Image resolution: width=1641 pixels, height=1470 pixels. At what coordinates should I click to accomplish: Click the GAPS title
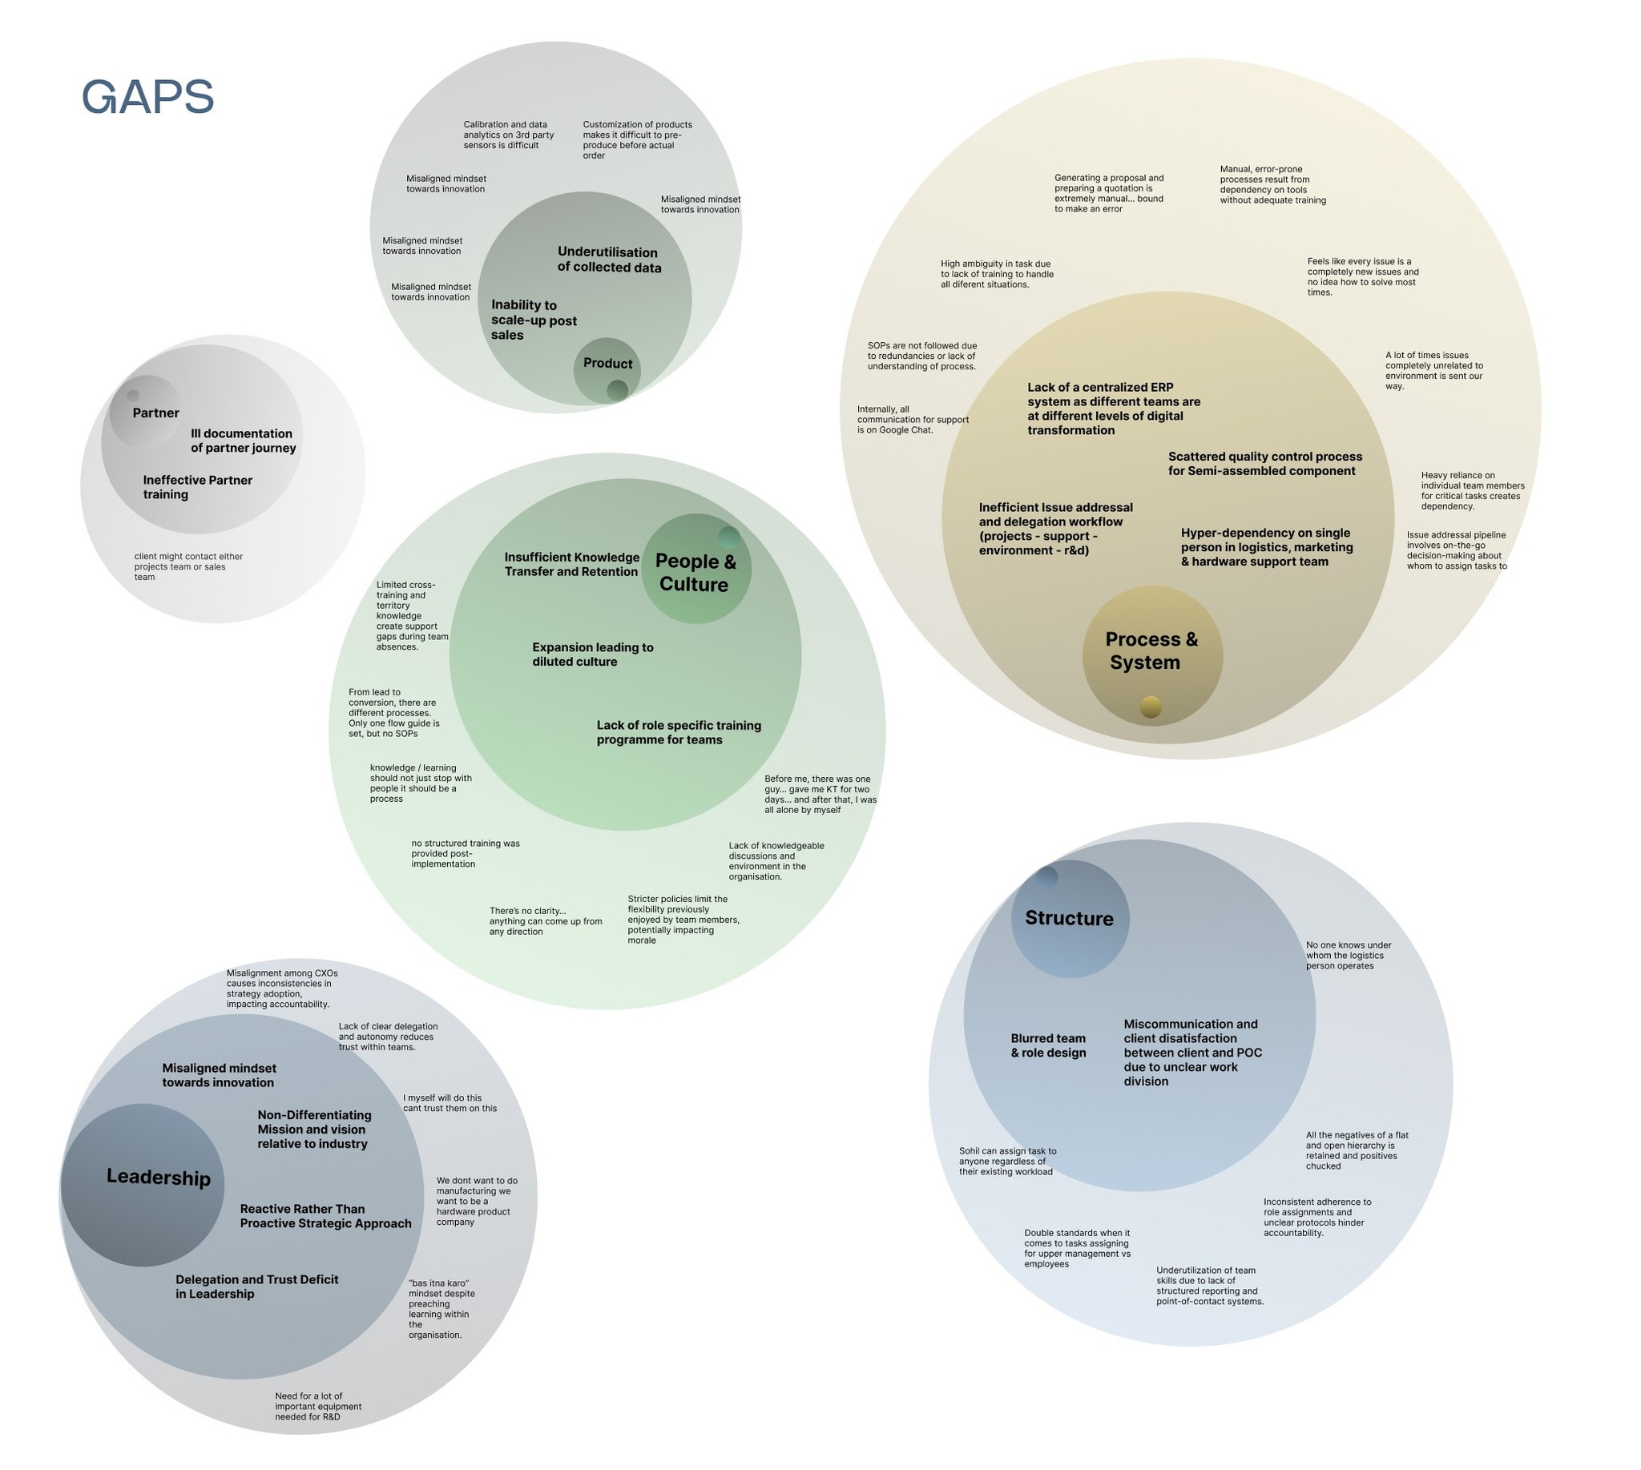click(148, 97)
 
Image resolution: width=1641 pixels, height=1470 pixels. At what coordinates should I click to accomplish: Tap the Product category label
click(607, 364)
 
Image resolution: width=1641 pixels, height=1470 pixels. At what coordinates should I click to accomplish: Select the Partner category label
click(156, 413)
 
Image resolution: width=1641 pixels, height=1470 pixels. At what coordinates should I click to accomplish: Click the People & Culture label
click(695, 573)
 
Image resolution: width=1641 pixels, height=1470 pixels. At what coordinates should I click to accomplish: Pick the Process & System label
click(1151, 650)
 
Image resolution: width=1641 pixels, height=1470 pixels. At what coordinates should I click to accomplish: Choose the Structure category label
click(1069, 918)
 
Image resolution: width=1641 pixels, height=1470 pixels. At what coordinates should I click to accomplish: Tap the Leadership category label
click(159, 1177)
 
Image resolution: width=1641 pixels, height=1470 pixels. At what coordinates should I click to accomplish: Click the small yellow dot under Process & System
click(1151, 707)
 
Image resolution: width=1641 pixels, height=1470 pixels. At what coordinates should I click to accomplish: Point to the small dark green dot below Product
click(617, 391)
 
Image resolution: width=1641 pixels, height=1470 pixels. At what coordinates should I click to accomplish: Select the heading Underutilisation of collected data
click(609, 260)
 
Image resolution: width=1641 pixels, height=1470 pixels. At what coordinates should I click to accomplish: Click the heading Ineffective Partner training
click(197, 487)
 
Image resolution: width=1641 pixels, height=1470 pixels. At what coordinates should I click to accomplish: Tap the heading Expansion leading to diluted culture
click(592, 654)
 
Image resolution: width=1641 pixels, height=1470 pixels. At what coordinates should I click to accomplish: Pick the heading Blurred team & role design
click(1048, 1045)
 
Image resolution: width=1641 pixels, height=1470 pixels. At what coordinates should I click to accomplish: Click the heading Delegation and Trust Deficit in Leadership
click(257, 1287)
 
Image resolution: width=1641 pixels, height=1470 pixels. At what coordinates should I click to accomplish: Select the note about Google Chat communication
click(912, 420)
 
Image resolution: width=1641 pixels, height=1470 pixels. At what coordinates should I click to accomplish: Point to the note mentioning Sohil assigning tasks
click(1006, 1162)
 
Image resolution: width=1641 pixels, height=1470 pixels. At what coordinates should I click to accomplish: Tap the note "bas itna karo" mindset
click(441, 1308)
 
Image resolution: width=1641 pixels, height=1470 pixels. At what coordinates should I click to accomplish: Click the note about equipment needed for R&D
click(317, 1406)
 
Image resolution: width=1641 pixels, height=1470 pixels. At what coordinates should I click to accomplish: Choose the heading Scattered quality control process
click(1264, 464)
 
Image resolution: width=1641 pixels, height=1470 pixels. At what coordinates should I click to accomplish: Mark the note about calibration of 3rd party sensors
click(508, 135)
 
